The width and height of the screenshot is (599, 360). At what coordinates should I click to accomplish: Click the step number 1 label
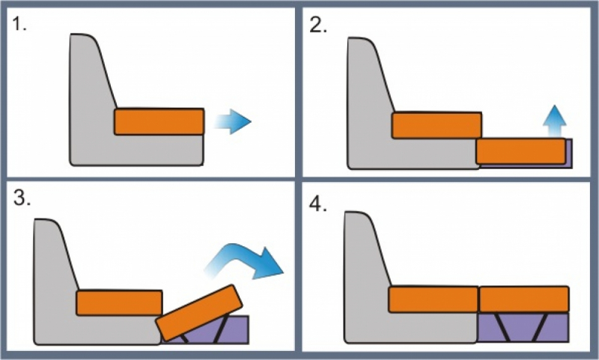click(19, 24)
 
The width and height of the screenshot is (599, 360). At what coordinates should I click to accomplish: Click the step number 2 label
click(317, 25)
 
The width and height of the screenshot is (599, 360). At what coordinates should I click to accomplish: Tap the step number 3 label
click(22, 198)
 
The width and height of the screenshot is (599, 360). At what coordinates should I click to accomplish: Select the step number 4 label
click(317, 204)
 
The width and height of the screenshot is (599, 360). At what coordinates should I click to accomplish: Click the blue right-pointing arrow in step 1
click(232, 122)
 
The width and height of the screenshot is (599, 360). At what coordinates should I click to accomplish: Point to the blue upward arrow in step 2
click(554, 120)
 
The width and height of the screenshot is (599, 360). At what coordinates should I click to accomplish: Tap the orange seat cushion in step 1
click(159, 122)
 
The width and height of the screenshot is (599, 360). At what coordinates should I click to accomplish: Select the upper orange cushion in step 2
click(437, 125)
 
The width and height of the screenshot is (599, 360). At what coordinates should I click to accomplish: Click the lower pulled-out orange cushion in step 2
click(520, 151)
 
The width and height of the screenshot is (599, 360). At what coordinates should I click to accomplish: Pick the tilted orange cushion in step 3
click(199, 313)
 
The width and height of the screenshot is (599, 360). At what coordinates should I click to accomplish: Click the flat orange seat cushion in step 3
click(120, 302)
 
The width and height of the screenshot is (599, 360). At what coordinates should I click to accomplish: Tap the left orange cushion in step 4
click(434, 299)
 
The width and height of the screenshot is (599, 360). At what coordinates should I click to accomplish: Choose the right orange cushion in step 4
click(524, 299)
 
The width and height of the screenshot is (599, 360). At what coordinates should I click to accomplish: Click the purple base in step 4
click(523, 327)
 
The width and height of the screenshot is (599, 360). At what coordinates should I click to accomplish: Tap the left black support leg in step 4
click(502, 327)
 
